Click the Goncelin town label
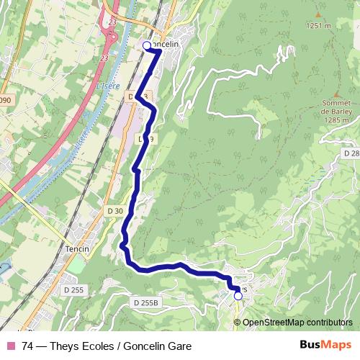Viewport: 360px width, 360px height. pyautogui.click(x=166, y=44)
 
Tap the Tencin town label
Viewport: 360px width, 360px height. pyautogui.click(x=78, y=249)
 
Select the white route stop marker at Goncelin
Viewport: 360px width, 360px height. pyautogui.click(x=148, y=46)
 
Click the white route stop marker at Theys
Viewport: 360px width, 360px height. pyautogui.click(x=238, y=295)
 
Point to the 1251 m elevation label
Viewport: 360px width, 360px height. pyautogui.click(x=319, y=26)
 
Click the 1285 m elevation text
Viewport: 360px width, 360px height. pyautogui.click(x=336, y=120)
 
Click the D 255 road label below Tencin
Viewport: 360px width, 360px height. pyautogui.click(x=73, y=290)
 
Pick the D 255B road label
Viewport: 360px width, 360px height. pyautogui.click(x=145, y=304)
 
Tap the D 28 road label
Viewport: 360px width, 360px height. pyautogui.click(x=351, y=153)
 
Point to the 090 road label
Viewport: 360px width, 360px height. pyautogui.click(x=6, y=100)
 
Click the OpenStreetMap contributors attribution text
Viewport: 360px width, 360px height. pyautogui.click(x=297, y=322)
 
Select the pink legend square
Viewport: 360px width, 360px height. pyautogui.click(x=11, y=346)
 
